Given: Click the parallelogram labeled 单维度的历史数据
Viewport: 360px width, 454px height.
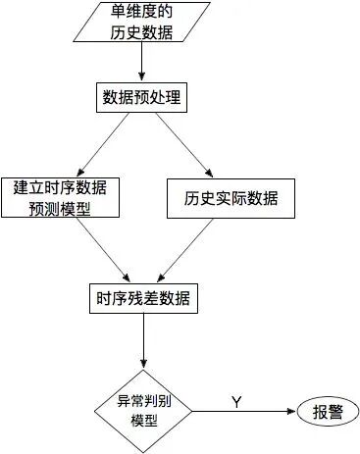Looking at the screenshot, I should tap(142, 23).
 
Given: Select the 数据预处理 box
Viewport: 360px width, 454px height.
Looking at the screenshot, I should tap(143, 98).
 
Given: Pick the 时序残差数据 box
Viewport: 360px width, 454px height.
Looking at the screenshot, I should tap(143, 298).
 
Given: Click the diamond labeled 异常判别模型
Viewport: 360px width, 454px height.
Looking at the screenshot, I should tap(144, 410).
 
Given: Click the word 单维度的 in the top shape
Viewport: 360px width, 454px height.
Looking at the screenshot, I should tap(142, 13).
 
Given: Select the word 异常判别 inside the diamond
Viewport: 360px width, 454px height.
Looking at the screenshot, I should tap(144, 400).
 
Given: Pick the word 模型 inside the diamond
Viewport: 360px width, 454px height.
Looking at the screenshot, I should tap(144, 420).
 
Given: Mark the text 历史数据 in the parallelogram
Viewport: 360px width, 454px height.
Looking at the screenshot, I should tap(142, 32).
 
